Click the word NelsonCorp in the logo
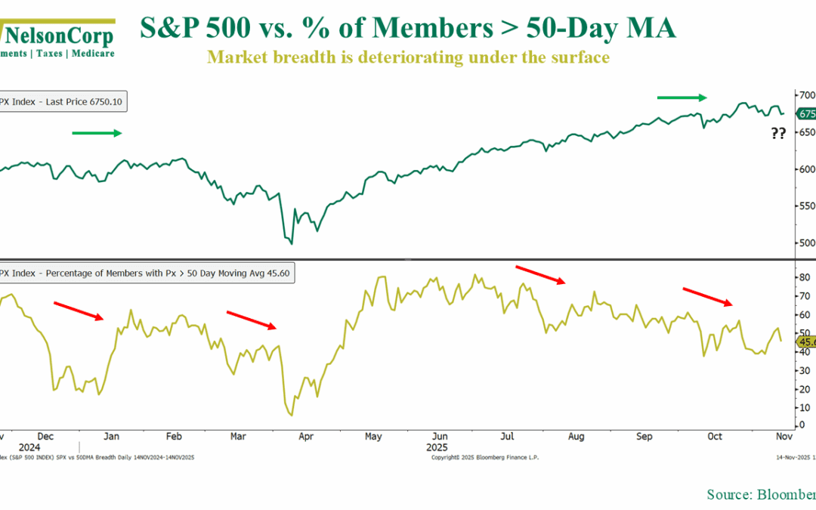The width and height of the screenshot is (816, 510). point(60,35)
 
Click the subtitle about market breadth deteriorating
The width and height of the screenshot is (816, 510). point(408,57)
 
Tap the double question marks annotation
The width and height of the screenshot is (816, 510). point(778,134)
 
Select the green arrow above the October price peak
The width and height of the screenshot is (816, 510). point(682,97)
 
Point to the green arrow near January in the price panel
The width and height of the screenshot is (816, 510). point(97,133)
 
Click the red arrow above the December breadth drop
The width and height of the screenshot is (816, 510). point(79,310)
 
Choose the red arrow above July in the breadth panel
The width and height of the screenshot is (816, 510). point(540,274)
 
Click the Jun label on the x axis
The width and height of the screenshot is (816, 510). point(438,437)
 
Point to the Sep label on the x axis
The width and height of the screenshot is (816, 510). point(644,437)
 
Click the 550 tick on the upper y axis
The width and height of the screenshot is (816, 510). point(807,206)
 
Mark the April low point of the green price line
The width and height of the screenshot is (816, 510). point(292,243)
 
